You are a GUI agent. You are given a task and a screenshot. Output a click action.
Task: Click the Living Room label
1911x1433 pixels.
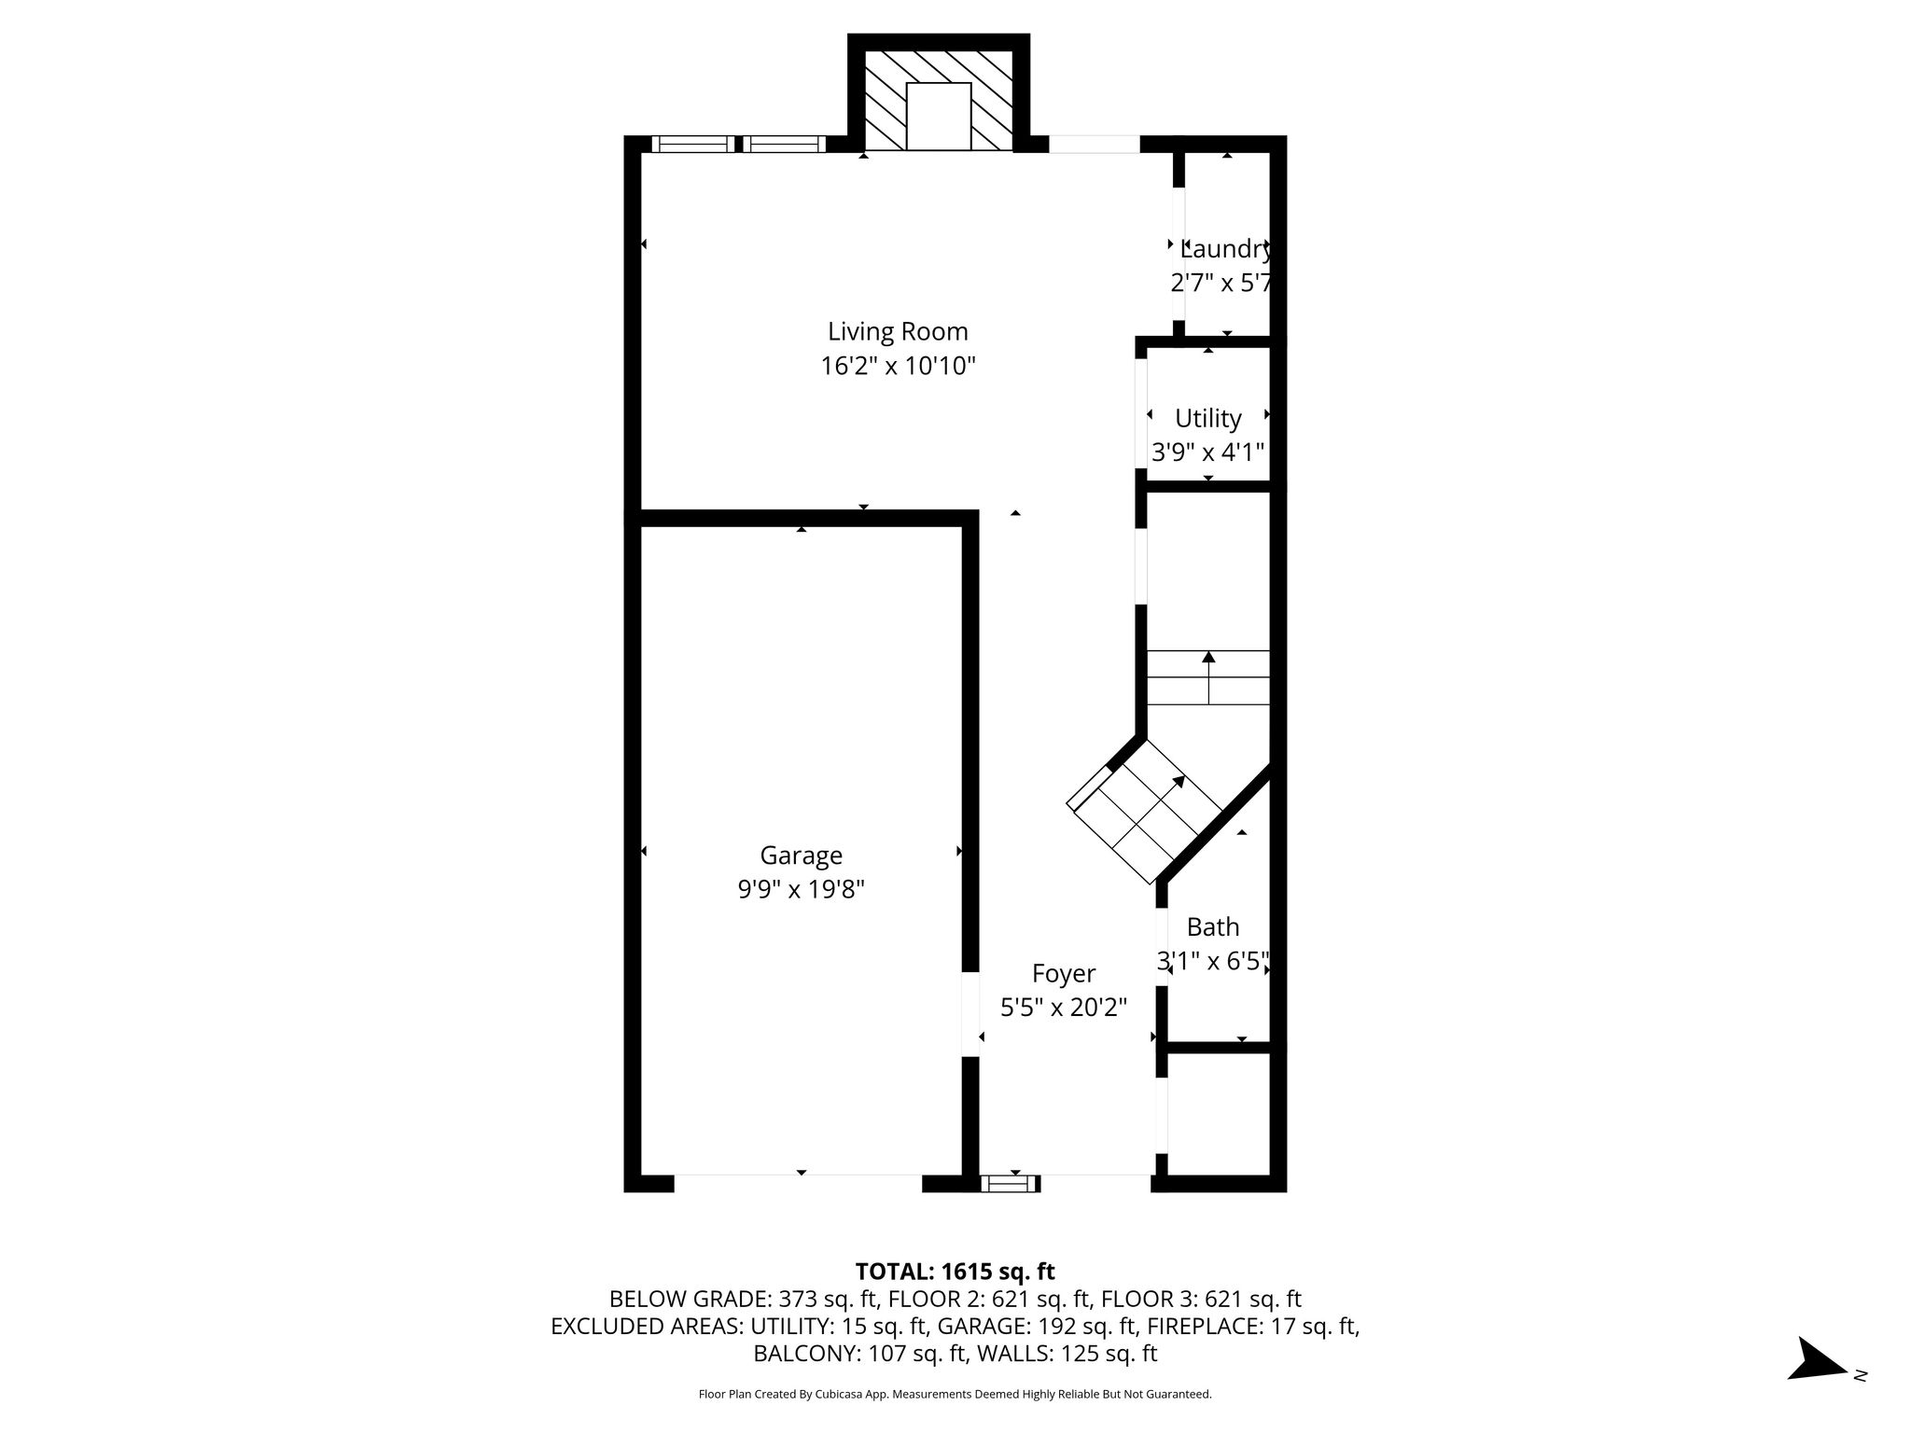coord(898,331)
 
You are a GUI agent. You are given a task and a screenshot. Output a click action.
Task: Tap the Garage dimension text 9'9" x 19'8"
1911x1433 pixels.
coord(802,890)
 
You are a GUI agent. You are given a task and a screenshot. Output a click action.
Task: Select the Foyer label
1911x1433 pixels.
coord(1064,974)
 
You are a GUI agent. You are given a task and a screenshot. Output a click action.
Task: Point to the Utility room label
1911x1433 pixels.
coord(1208,418)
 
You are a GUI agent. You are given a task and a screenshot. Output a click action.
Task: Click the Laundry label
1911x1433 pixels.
coord(1226,249)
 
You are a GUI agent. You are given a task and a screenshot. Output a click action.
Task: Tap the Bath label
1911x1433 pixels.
coord(1213,926)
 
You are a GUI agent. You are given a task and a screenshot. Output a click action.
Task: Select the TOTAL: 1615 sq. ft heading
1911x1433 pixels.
coord(955,1272)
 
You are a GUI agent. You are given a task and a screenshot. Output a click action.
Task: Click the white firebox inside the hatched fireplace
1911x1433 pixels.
coord(939,116)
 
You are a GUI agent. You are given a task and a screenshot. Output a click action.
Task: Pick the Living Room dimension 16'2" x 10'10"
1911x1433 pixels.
coord(898,366)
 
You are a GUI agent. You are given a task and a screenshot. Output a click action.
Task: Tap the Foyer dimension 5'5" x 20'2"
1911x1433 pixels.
coord(1064,1008)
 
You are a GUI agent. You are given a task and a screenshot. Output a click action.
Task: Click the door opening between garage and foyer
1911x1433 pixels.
coord(970,1014)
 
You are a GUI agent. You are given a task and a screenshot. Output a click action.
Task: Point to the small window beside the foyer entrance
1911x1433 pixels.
coord(1010,1184)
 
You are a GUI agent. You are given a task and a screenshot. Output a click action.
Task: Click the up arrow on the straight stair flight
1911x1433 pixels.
coord(1208,676)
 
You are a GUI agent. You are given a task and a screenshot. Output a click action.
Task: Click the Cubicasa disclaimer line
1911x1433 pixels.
coord(955,1395)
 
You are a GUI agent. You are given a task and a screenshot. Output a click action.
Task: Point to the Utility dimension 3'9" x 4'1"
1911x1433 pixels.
coord(1208,452)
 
